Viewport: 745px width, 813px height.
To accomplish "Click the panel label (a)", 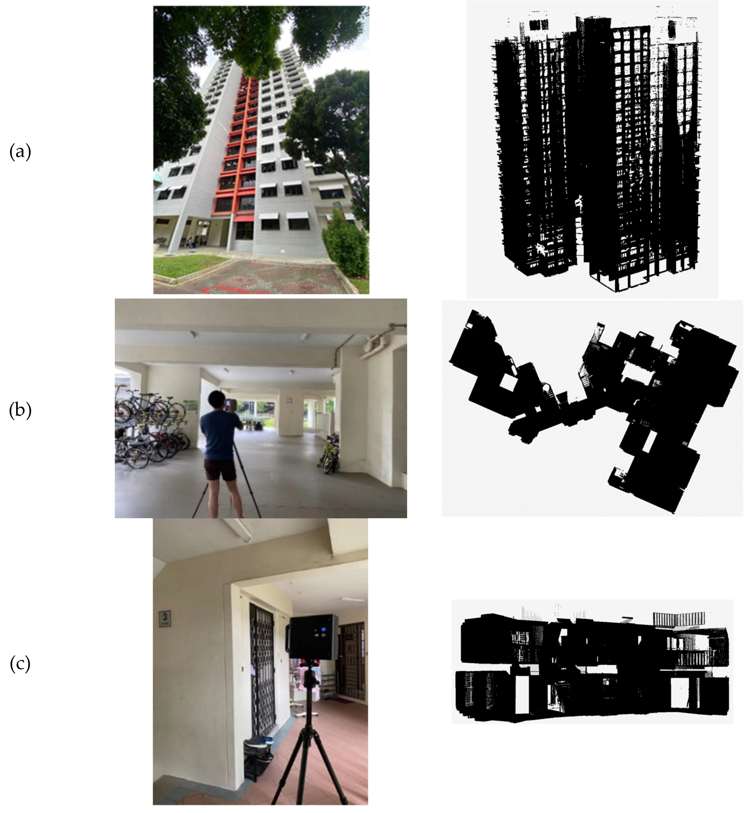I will click(20, 152).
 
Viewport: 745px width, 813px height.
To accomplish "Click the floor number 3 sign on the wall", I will click(165, 618).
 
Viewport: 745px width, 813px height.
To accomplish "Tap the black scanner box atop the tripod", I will click(312, 637).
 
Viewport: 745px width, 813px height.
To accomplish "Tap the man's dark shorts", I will click(220, 470).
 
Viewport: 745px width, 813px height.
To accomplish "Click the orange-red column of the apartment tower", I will click(238, 141).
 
